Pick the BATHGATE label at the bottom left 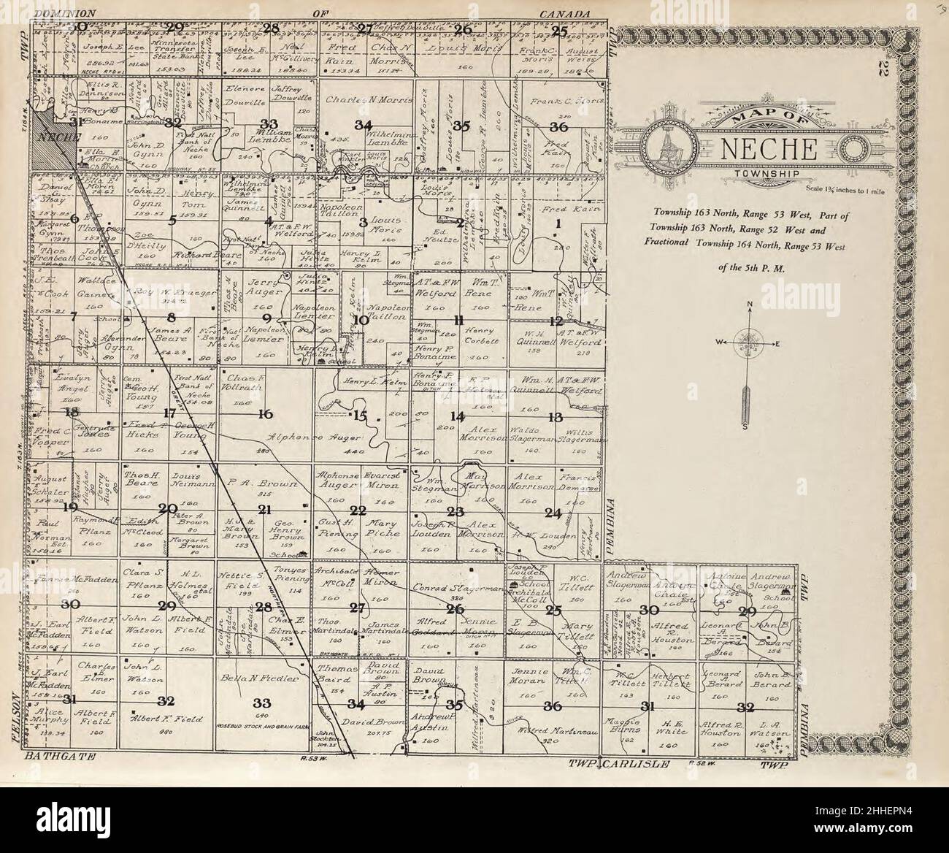pyautogui.click(x=61, y=760)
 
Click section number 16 pyautogui.click(x=264, y=414)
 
